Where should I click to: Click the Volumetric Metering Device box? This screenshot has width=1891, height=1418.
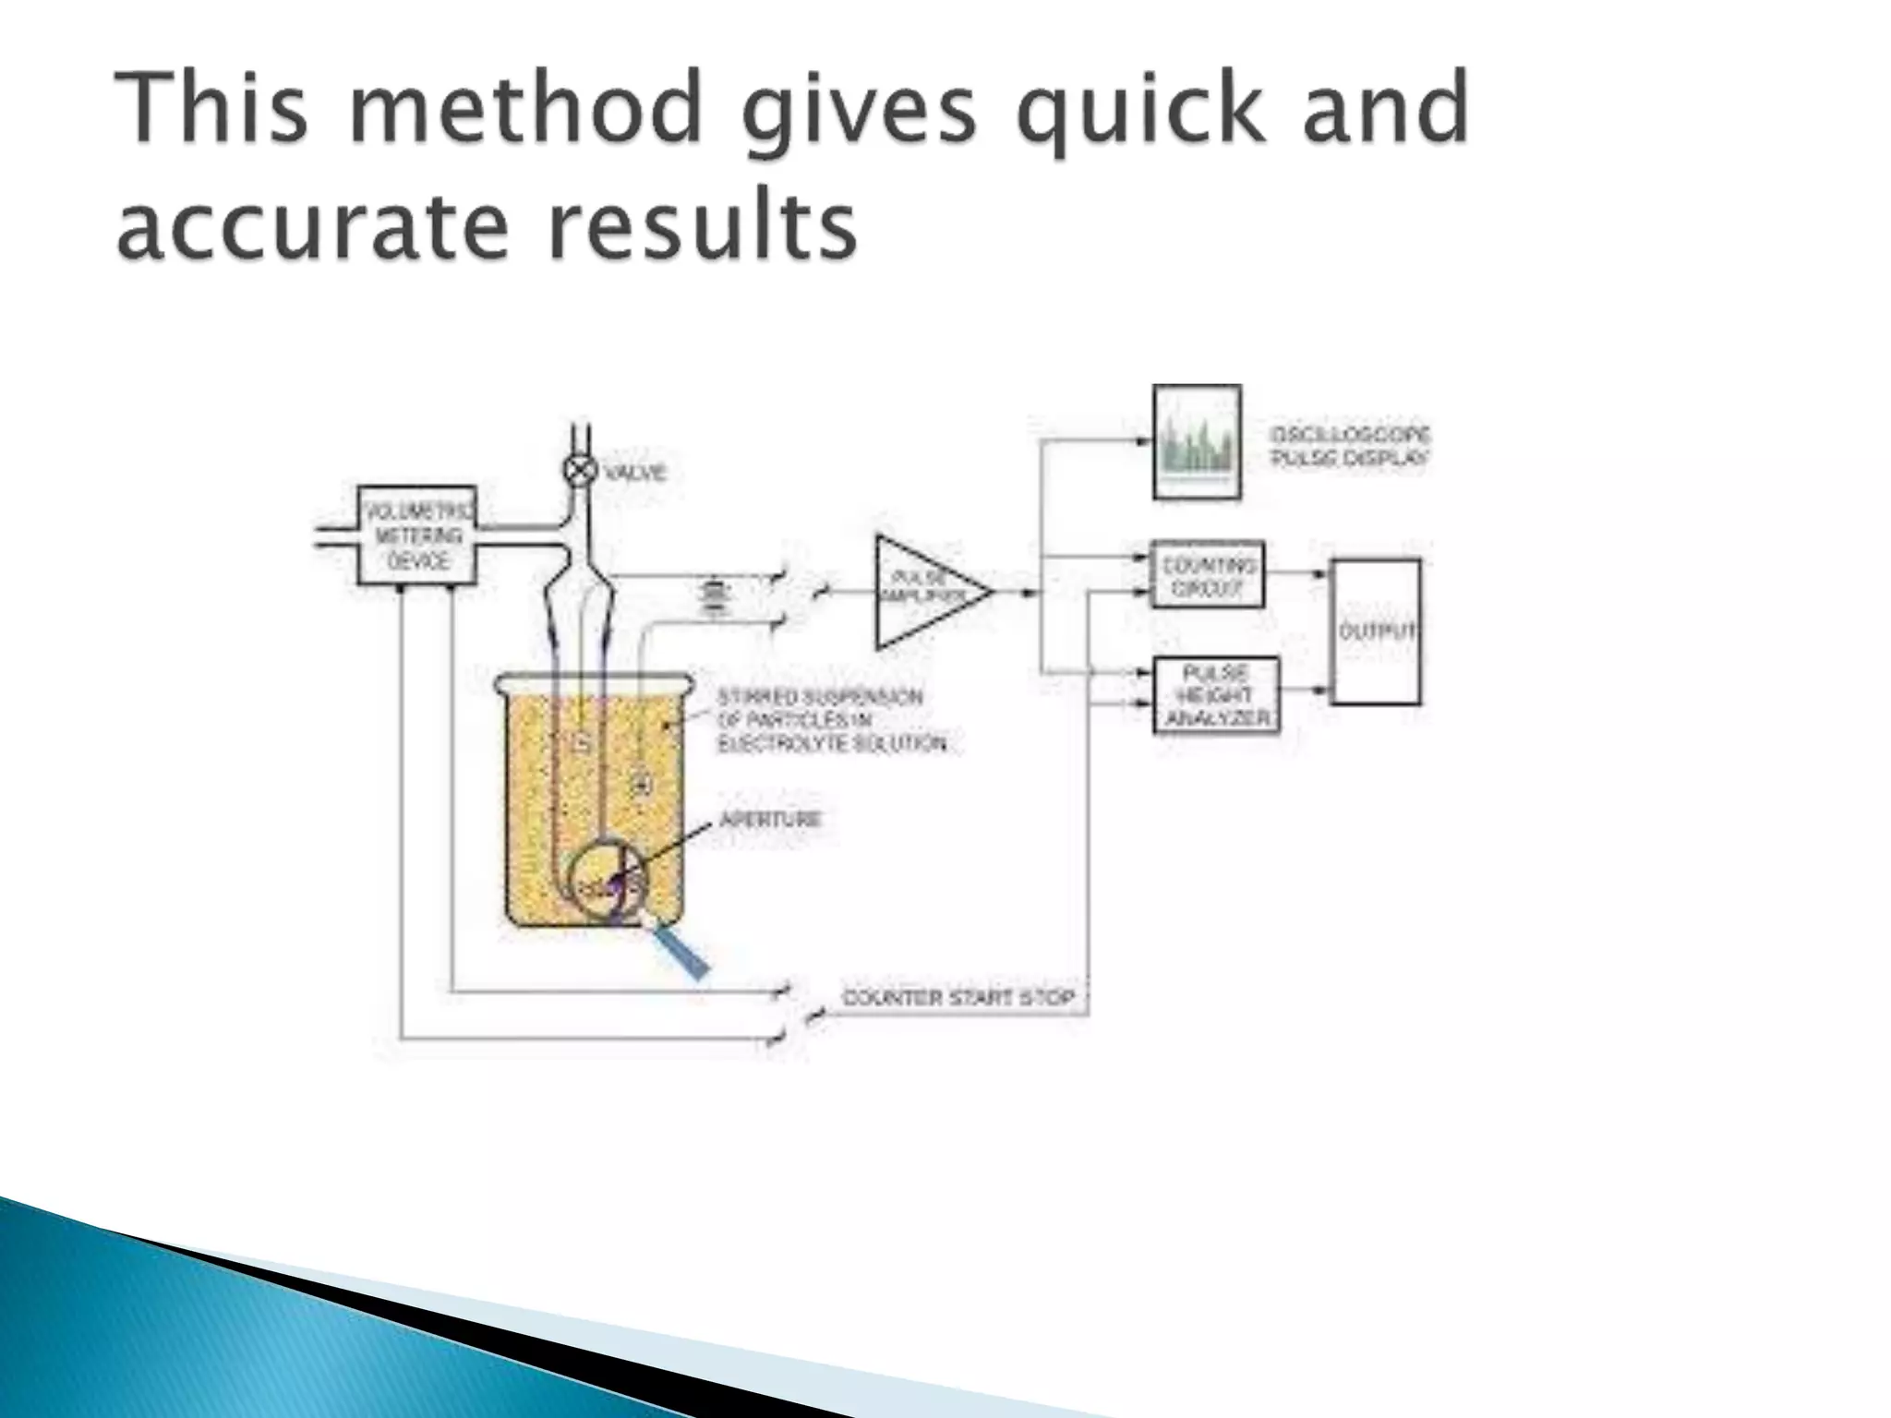[417, 535]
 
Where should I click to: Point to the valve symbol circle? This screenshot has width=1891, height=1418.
[581, 472]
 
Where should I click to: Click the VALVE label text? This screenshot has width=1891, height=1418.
[635, 473]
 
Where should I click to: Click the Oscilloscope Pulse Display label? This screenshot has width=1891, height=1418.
[1350, 447]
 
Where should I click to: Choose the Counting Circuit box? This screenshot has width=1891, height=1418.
[1208, 575]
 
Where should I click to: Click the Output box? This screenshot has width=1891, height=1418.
[1375, 632]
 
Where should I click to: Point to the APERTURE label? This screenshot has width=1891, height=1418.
[770, 819]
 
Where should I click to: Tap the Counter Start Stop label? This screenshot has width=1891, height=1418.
[958, 998]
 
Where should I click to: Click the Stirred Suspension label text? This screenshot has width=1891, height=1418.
[831, 720]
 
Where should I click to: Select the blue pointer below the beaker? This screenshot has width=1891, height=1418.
[681, 951]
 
